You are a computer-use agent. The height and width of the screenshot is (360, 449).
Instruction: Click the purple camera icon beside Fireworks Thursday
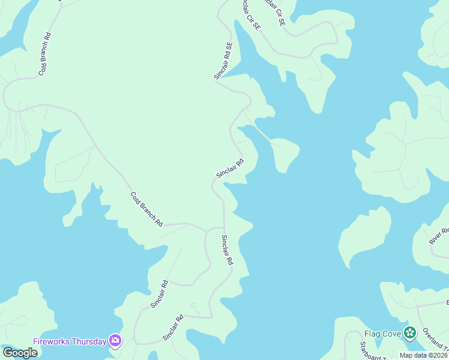[115, 341]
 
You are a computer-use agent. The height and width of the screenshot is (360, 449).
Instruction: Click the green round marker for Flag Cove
[410, 332]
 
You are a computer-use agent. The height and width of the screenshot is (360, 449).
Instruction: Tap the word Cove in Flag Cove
[392, 333]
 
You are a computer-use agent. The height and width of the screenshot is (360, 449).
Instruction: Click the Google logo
[20, 353]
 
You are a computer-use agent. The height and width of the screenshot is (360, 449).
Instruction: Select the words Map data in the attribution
[412, 355]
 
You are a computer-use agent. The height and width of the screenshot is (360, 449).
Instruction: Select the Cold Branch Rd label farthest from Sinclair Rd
[44, 54]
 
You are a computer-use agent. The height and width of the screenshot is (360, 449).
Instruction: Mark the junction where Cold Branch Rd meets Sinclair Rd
[207, 230]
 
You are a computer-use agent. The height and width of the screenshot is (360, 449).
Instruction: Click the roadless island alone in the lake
[364, 236]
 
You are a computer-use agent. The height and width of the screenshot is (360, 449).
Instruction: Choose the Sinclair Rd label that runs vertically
[226, 250]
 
